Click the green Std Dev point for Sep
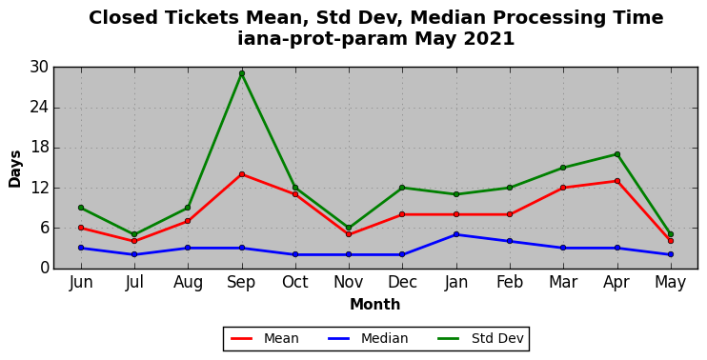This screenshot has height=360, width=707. coord(242,73)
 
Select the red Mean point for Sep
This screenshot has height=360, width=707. coord(242,174)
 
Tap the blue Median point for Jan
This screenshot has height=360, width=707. coord(456,234)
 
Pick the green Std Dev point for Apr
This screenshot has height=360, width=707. coord(617,154)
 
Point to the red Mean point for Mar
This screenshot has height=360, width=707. coord(563,188)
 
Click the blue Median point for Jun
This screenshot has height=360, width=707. coord(81,248)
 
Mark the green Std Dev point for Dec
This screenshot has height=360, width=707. coord(402,188)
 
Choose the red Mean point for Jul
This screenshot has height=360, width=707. coord(134,241)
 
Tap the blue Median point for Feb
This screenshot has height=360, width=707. coord(510,241)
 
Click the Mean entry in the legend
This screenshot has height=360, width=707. coord(265,338)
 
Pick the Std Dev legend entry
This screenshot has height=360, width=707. coord(480,338)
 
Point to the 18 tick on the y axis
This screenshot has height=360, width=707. coord(39,148)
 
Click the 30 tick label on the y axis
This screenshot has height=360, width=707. coord(39,67)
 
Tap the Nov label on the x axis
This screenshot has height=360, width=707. coord(349,282)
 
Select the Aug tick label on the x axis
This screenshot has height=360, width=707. coord(188,283)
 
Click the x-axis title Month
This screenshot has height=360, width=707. coord(375,305)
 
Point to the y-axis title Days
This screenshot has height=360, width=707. coord(15,169)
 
